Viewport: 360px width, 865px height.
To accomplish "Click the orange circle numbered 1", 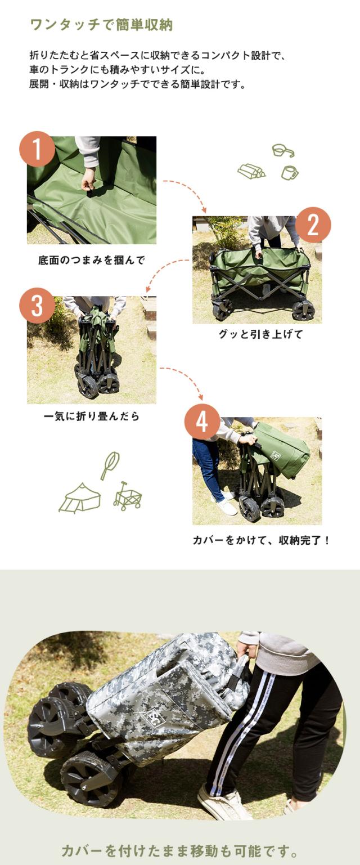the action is point(37,149).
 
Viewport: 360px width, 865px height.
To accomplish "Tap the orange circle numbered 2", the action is point(313,225).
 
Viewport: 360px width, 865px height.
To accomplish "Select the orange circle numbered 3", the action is point(37,306).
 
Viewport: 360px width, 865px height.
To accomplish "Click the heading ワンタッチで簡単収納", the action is point(101,25).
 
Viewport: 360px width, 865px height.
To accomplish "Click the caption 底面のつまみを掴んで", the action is point(92,260).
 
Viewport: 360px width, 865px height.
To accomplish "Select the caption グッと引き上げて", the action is point(261,334).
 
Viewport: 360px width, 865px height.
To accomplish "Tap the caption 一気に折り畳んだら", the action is point(92,416).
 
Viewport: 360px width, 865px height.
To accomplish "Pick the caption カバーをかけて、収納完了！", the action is point(261,540).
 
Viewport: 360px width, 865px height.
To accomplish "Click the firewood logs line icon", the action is point(251,171).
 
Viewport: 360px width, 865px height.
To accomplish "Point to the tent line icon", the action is point(80,498).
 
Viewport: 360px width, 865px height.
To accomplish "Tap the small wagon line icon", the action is point(127,496).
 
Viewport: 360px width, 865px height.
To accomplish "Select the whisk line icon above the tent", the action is point(110,465).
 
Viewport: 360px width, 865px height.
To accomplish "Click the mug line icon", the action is point(289,172).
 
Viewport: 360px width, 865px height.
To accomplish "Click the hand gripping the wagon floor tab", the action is point(88,180).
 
